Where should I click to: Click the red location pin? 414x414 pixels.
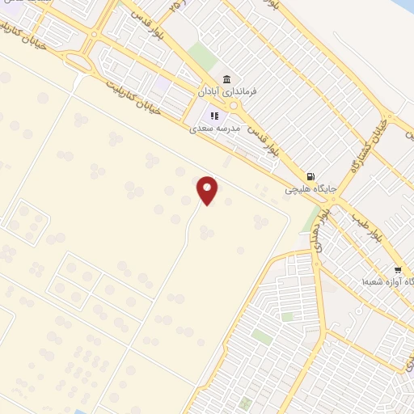click(208, 190)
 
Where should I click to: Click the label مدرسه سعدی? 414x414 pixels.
click(212, 128)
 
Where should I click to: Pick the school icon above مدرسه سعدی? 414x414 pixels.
click(214, 114)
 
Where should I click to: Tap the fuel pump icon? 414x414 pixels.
click(310, 176)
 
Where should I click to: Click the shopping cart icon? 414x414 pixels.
click(397, 269)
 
